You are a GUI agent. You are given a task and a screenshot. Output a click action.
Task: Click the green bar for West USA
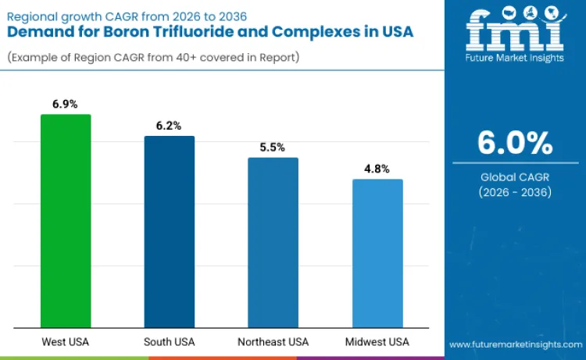pos(66,221)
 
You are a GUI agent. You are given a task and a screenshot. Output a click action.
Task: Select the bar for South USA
pos(169,231)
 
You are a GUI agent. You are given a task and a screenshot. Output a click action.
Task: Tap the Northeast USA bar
pos(273,242)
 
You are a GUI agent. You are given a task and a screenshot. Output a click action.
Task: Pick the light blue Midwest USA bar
pos(377,253)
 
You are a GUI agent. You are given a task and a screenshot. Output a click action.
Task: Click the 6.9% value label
pos(66,104)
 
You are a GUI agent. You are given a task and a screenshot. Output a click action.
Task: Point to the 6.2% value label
pos(169,125)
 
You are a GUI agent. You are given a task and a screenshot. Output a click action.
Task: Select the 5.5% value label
pos(273,147)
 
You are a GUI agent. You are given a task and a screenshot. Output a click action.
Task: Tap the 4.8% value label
pos(377,169)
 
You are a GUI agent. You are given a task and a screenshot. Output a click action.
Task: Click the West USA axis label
pos(66,342)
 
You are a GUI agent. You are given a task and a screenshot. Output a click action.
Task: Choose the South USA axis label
pos(169,342)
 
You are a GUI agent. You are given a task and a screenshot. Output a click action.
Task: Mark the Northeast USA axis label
pos(273,342)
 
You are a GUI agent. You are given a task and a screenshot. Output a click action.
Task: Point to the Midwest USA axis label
pos(377,342)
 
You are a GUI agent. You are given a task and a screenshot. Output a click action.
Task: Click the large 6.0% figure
pos(515,144)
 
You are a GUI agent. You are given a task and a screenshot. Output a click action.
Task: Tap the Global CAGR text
pos(515,177)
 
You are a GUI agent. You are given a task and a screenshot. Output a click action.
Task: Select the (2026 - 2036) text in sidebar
pos(515,192)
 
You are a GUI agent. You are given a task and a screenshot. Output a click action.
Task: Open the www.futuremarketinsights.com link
pos(515,344)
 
